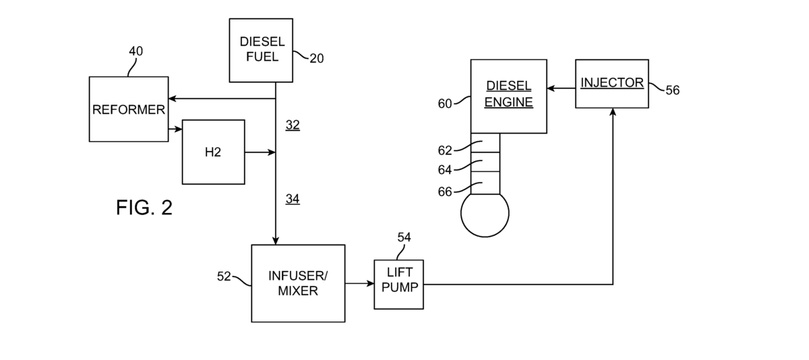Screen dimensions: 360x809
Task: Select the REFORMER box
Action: point(129,109)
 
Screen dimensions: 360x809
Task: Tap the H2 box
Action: point(213,152)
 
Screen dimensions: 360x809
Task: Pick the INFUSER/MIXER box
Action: point(298,283)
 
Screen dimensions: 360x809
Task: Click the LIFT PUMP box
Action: point(399,284)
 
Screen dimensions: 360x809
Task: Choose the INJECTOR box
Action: point(612,84)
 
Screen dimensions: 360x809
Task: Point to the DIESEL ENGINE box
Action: point(509,95)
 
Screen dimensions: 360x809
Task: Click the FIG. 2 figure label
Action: point(144,208)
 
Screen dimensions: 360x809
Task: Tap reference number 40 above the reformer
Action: point(136,51)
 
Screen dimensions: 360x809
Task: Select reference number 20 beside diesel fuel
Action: point(316,59)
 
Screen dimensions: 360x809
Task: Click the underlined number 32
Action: point(293,125)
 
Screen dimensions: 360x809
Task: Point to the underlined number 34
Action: point(293,198)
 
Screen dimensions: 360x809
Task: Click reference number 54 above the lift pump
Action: point(404,237)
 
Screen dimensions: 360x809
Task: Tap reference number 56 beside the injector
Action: point(672,90)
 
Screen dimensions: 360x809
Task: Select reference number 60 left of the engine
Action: point(445,103)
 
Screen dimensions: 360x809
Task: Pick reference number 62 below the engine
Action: point(445,150)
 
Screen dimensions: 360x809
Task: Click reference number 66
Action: point(445,191)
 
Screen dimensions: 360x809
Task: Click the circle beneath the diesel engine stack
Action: point(484,214)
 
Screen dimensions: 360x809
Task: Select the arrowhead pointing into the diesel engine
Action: point(551,88)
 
